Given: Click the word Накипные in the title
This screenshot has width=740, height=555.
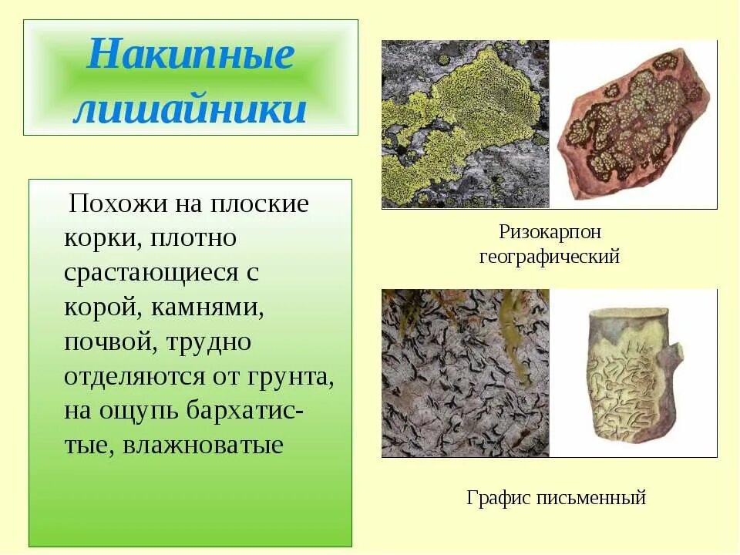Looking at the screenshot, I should coord(190,55).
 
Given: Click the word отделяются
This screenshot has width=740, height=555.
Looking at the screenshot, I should coord(130,377).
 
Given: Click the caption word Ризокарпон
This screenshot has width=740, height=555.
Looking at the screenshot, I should coord(549,231).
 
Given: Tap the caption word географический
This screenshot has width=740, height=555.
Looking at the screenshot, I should coord(549,257).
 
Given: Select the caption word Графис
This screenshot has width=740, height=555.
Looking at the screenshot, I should coord(497,498).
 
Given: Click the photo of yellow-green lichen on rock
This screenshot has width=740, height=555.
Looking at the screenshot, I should coord(465,124).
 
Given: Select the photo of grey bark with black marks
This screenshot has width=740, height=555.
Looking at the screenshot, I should coord(465,373).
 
